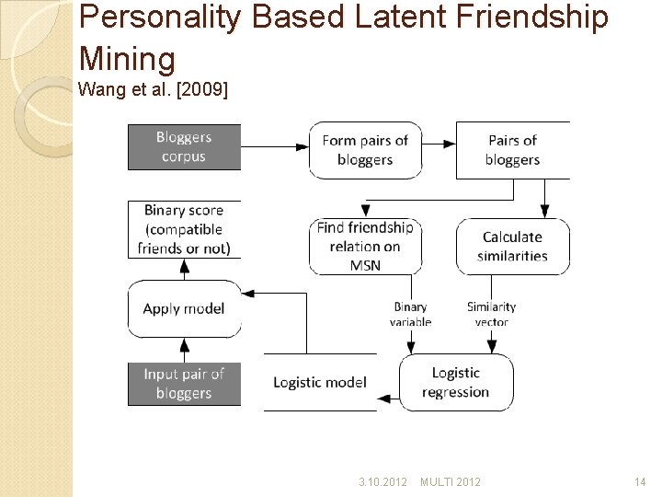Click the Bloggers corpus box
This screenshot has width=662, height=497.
184,147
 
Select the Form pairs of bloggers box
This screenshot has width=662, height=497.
365,150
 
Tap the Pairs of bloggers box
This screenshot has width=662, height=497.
512,150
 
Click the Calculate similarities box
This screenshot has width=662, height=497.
512,247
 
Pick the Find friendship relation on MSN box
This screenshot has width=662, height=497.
365,247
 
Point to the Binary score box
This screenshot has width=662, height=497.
184,229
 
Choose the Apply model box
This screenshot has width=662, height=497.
184,308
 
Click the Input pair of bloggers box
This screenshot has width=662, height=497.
184,384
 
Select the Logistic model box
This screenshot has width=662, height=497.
320,382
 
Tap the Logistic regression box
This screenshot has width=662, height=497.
456,382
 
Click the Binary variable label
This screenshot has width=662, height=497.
410,314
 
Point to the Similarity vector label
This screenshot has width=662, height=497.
491,314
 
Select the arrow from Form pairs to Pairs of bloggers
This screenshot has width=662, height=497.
439,144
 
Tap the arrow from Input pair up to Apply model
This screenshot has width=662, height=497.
185,350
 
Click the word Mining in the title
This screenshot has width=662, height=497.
127,59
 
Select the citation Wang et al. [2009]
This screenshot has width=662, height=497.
154,90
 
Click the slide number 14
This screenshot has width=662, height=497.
640,481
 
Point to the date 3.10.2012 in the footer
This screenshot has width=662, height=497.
382,481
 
